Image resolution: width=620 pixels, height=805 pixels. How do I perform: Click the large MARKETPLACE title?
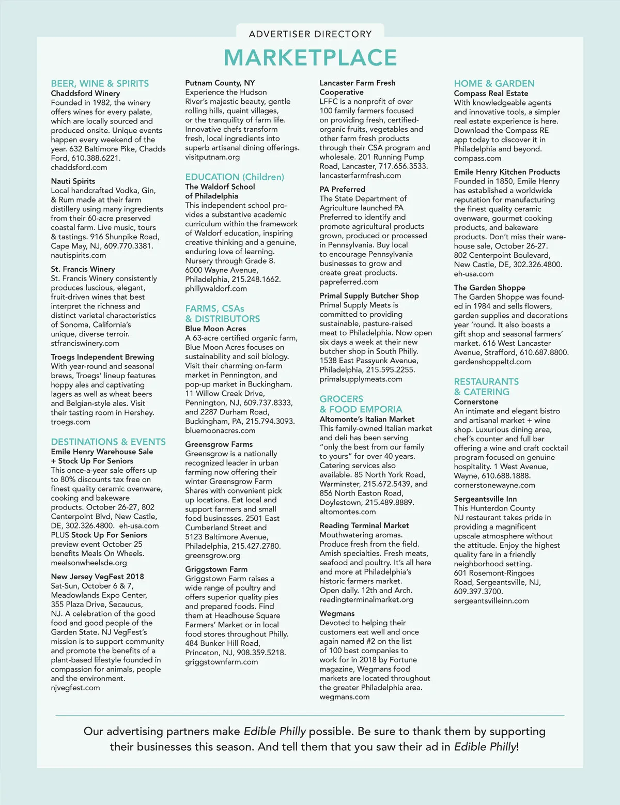[x=310, y=57]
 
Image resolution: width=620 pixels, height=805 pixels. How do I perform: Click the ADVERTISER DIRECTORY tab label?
[x=310, y=34]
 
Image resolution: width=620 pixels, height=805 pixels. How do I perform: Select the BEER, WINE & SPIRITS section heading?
[x=100, y=83]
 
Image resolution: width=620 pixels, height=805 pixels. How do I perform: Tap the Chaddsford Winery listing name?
[x=85, y=94]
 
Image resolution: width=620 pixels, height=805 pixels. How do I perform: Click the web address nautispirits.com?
[x=79, y=255]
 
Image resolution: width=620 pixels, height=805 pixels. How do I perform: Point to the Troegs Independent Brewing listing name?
[x=102, y=357]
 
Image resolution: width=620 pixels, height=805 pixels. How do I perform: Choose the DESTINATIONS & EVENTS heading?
[x=108, y=442]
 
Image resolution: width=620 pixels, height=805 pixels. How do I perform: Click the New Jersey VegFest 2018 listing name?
[x=97, y=577]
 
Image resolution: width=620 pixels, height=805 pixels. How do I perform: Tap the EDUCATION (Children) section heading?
[x=235, y=177]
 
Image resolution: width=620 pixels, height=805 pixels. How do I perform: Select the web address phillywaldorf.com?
[x=216, y=289]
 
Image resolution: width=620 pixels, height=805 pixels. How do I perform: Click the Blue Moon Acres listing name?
[x=215, y=329]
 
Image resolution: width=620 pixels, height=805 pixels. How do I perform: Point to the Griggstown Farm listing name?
[x=216, y=569]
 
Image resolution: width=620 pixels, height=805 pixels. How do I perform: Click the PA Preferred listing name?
[x=342, y=190]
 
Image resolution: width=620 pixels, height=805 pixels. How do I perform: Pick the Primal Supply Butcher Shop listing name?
[x=369, y=296]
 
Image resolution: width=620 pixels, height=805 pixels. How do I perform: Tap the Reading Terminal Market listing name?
[x=364, y=525]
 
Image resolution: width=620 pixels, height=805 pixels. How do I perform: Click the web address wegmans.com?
[x=344, y=697]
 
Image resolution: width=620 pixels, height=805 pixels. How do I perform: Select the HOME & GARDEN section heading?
[x=494, y=83]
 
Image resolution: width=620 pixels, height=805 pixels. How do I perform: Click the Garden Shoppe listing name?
[x=489, y=288]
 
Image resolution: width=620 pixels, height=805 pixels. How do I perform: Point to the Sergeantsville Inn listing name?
[x=485, y=499]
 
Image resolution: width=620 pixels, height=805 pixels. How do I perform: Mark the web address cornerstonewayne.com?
[x=494, y=485]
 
